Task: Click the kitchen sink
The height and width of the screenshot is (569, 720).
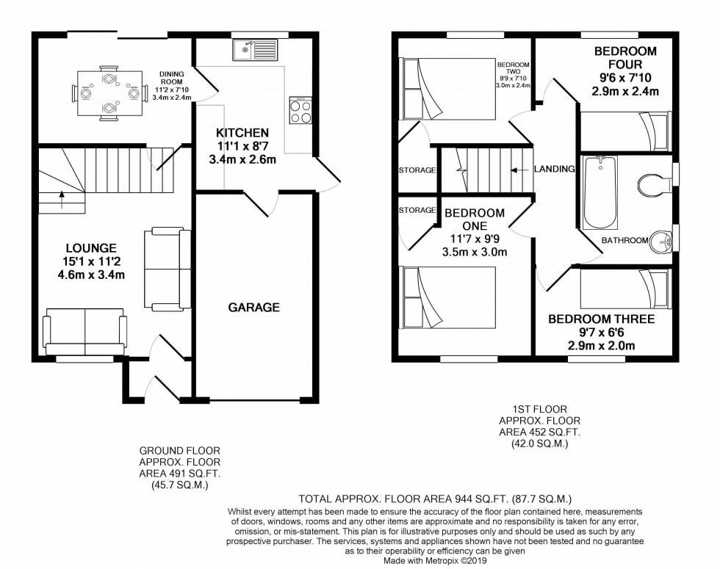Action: point(255,50)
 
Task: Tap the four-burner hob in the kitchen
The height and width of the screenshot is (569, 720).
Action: point(300,110)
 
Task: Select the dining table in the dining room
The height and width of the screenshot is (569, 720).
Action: point(109,94)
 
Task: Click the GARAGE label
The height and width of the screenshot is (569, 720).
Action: point(254,307)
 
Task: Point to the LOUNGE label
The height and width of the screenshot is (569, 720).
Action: point(91,248)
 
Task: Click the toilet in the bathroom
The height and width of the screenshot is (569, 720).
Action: point(655,184)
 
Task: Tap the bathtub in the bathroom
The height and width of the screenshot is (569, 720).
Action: point(600,192)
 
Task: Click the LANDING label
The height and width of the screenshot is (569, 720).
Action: point(554,169)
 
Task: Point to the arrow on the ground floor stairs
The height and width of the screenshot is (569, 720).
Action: point(62,200)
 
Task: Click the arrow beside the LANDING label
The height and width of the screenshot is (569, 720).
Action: point(520,170)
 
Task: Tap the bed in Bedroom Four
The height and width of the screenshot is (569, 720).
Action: point(625,131)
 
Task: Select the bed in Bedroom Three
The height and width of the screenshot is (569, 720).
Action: point(625,289)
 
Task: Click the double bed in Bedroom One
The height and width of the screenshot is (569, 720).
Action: point(449,297)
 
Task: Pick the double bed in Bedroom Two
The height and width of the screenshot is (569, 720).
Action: point(449,89)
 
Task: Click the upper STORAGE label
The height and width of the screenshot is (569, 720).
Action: point(417,170)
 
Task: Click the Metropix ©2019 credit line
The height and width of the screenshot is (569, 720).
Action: point(435,561)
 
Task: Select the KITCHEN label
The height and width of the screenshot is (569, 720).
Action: point(242,133)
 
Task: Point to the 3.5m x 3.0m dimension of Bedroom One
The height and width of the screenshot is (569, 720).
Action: point(475,252)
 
